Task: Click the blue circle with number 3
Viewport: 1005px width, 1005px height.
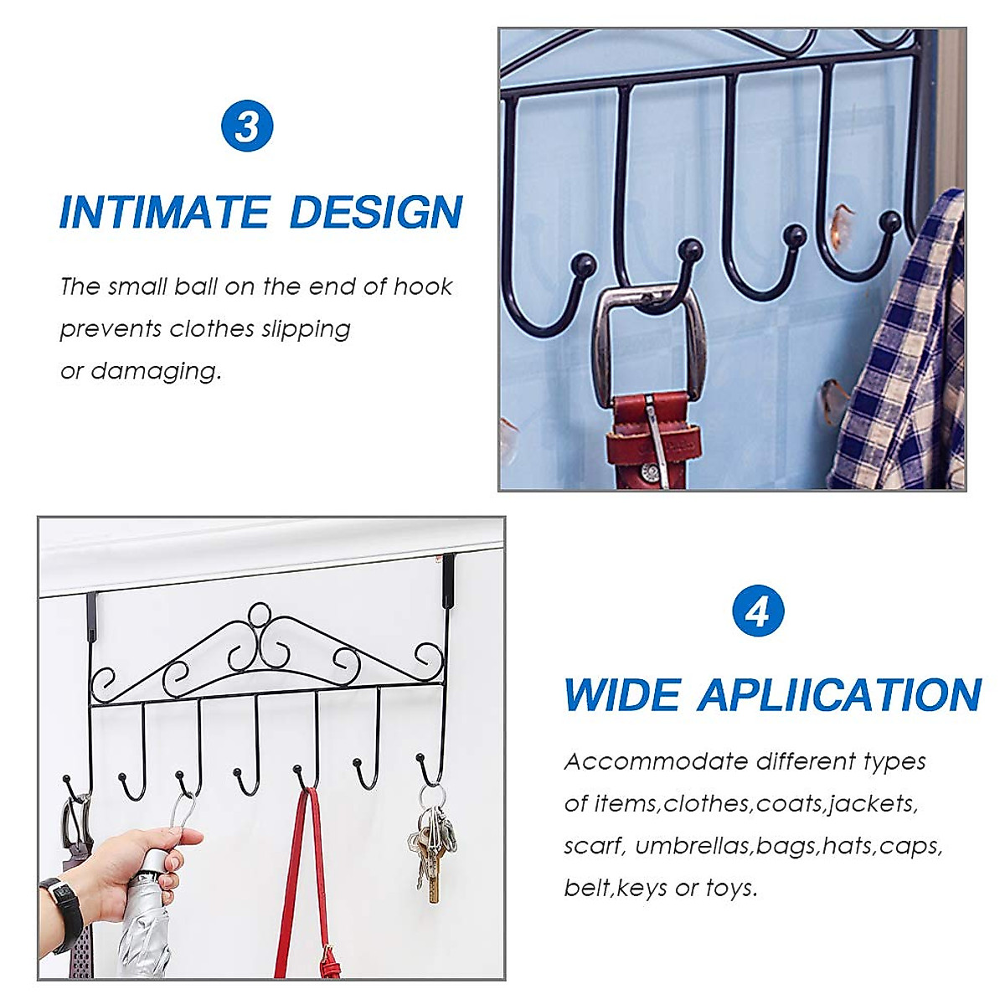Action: (x=247, y=126)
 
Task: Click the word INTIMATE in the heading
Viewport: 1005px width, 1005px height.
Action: (x=164, y=212)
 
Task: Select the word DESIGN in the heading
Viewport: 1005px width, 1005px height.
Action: (x=376, y=212)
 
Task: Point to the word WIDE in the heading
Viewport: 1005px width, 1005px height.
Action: (x=621, y=695)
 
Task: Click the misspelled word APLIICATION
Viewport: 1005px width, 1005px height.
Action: (x=839, y=695)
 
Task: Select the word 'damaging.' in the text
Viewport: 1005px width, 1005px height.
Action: (x=157, y=371)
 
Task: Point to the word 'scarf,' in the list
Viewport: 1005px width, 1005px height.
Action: (x=594, y=846)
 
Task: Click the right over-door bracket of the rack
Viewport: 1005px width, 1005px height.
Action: (x=449, y=578)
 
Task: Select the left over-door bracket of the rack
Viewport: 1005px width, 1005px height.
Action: (x=91, y=616)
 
